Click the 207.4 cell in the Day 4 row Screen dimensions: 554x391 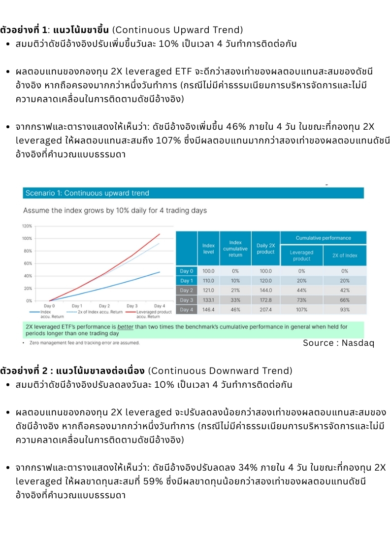265,310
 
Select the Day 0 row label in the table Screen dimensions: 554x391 186,271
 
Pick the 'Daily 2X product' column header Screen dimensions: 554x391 265,248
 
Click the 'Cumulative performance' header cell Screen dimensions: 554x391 323,238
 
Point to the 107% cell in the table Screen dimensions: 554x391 302,310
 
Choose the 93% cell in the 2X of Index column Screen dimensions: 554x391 345,310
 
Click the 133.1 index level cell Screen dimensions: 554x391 208,300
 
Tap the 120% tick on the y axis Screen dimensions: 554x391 27,226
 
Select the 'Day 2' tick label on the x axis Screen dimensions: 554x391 104,306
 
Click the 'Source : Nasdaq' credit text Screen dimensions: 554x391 338,343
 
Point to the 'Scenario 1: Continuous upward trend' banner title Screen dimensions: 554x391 87,193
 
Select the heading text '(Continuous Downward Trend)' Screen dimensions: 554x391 220,370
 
